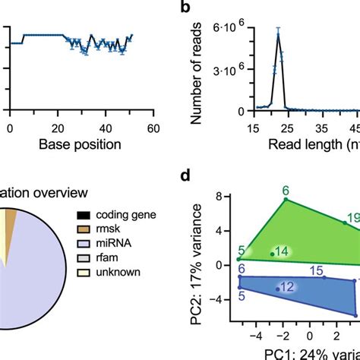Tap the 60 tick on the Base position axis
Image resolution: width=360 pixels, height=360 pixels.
[x=152, y=128]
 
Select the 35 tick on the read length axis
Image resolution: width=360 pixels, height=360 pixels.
[x=322, y=128]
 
